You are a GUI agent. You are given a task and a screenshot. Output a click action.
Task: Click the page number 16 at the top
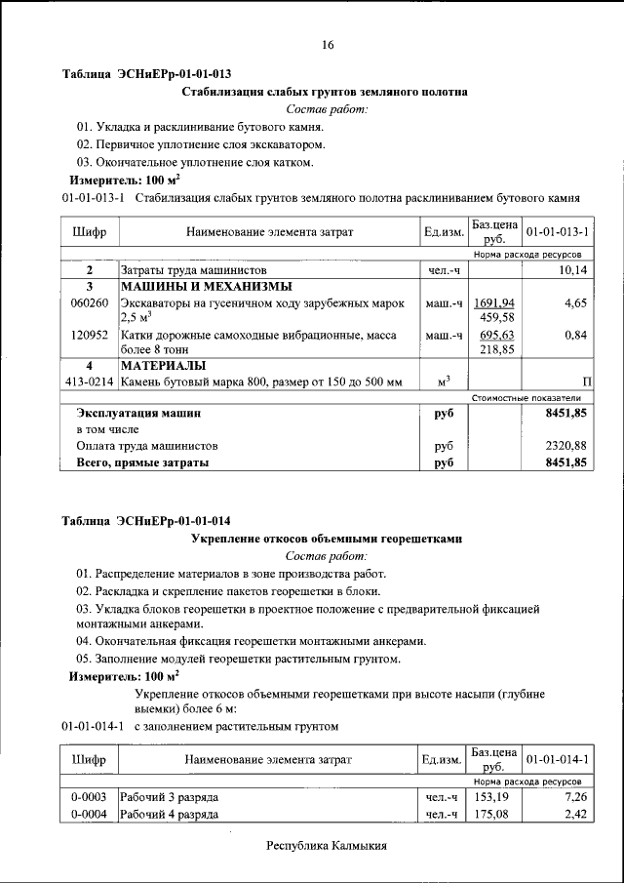[328, 45]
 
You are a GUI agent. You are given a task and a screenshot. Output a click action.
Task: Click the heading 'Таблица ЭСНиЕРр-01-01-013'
[146, 74]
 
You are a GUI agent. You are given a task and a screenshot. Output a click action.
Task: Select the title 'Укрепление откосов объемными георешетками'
[326, 538]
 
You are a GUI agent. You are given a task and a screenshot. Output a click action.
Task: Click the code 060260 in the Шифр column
[90, 303]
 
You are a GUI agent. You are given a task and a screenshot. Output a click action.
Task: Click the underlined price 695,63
[495, 335]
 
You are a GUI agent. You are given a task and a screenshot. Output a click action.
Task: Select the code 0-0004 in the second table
[90, 814]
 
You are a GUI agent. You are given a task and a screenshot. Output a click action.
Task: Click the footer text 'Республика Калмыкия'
[327, 846]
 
